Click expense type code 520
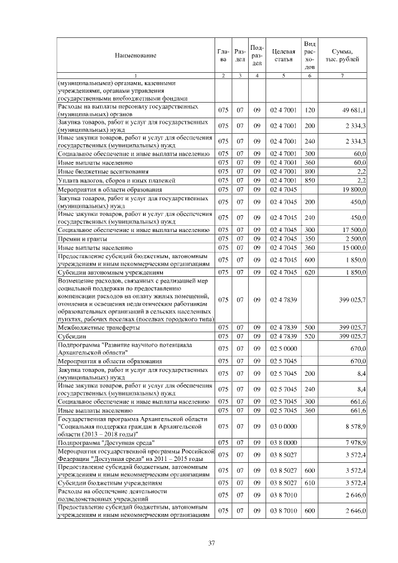(310, 335)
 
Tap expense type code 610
(310, 482)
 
